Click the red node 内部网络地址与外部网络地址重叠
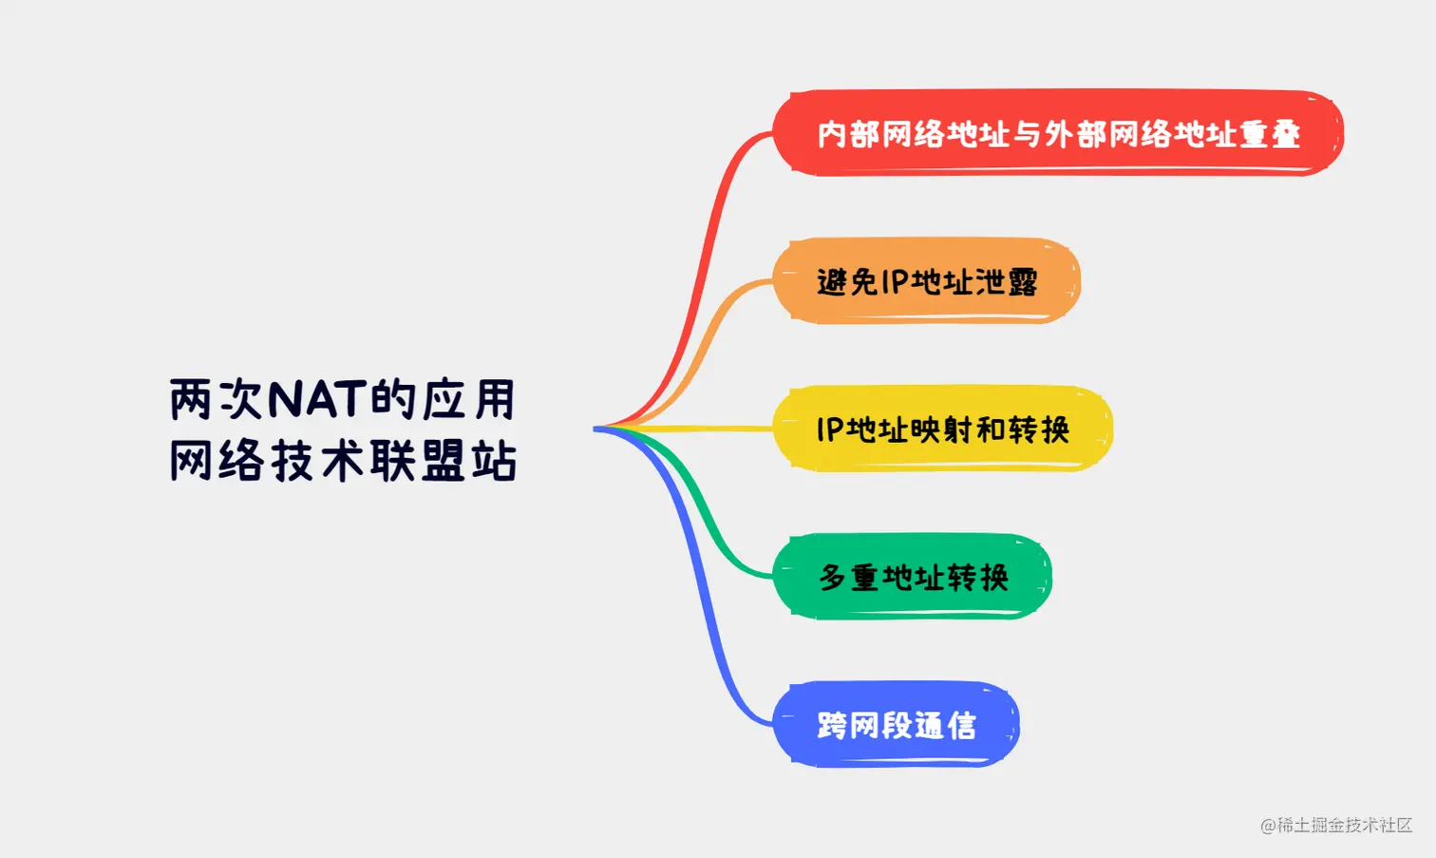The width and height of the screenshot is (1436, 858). [x=1058, y=133]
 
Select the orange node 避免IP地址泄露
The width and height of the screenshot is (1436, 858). [x=926, y=281]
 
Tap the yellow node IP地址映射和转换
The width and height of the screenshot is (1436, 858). [x=942, y=429]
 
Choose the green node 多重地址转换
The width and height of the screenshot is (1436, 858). [x=913, y=577]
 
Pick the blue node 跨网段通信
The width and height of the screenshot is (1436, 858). [x=896, y=725]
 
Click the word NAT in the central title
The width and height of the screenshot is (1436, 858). [x=318, y=399]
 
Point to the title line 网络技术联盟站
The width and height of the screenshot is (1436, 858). [x=343, y=460]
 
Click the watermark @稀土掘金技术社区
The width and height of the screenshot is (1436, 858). [x=1336, y=825]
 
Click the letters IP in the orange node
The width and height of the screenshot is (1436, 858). [x=896, y=281]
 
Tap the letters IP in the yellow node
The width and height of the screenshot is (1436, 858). [x=830, y=429]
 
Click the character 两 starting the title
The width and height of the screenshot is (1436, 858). [x=190, y=399]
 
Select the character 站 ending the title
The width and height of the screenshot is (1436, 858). [x=495, y=461]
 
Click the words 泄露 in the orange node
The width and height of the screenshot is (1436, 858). [x=1007, y=281]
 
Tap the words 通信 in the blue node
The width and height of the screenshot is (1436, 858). [x=945, y=726]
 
